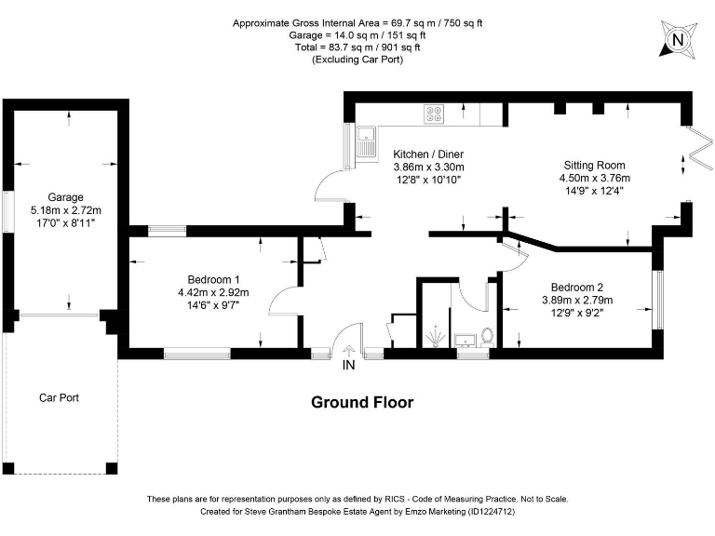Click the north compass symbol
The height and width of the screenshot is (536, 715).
[678, 40]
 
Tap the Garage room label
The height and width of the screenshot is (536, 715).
[66, 197]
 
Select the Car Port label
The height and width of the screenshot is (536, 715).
[59, 398]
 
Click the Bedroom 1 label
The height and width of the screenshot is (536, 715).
[213, 279]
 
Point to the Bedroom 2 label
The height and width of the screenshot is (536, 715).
[577, 288]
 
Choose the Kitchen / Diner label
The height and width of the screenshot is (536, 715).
[428, 154]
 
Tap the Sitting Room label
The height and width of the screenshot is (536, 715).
[594, 165]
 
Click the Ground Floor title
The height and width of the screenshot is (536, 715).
[362, 402]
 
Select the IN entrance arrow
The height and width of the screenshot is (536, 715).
[349, 351]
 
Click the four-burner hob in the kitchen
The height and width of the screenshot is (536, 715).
[434, 114]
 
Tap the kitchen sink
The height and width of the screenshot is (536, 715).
[366, 141]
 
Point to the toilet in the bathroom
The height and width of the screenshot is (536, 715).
[488, 336]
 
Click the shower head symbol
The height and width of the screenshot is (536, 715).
[436, 336]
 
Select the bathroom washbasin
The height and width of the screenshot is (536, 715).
[465, 340]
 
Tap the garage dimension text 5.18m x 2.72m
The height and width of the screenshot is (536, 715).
[66, 210]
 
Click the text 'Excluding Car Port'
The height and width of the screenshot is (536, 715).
[357, 60]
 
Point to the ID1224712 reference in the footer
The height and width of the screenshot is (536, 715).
[491, 512]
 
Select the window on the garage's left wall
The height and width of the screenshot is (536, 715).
[7, 211]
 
